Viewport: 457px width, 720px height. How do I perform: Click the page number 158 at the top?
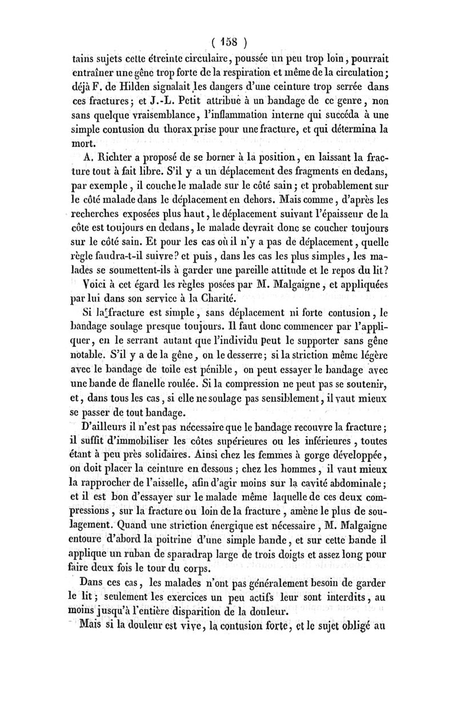coord(228,42)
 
